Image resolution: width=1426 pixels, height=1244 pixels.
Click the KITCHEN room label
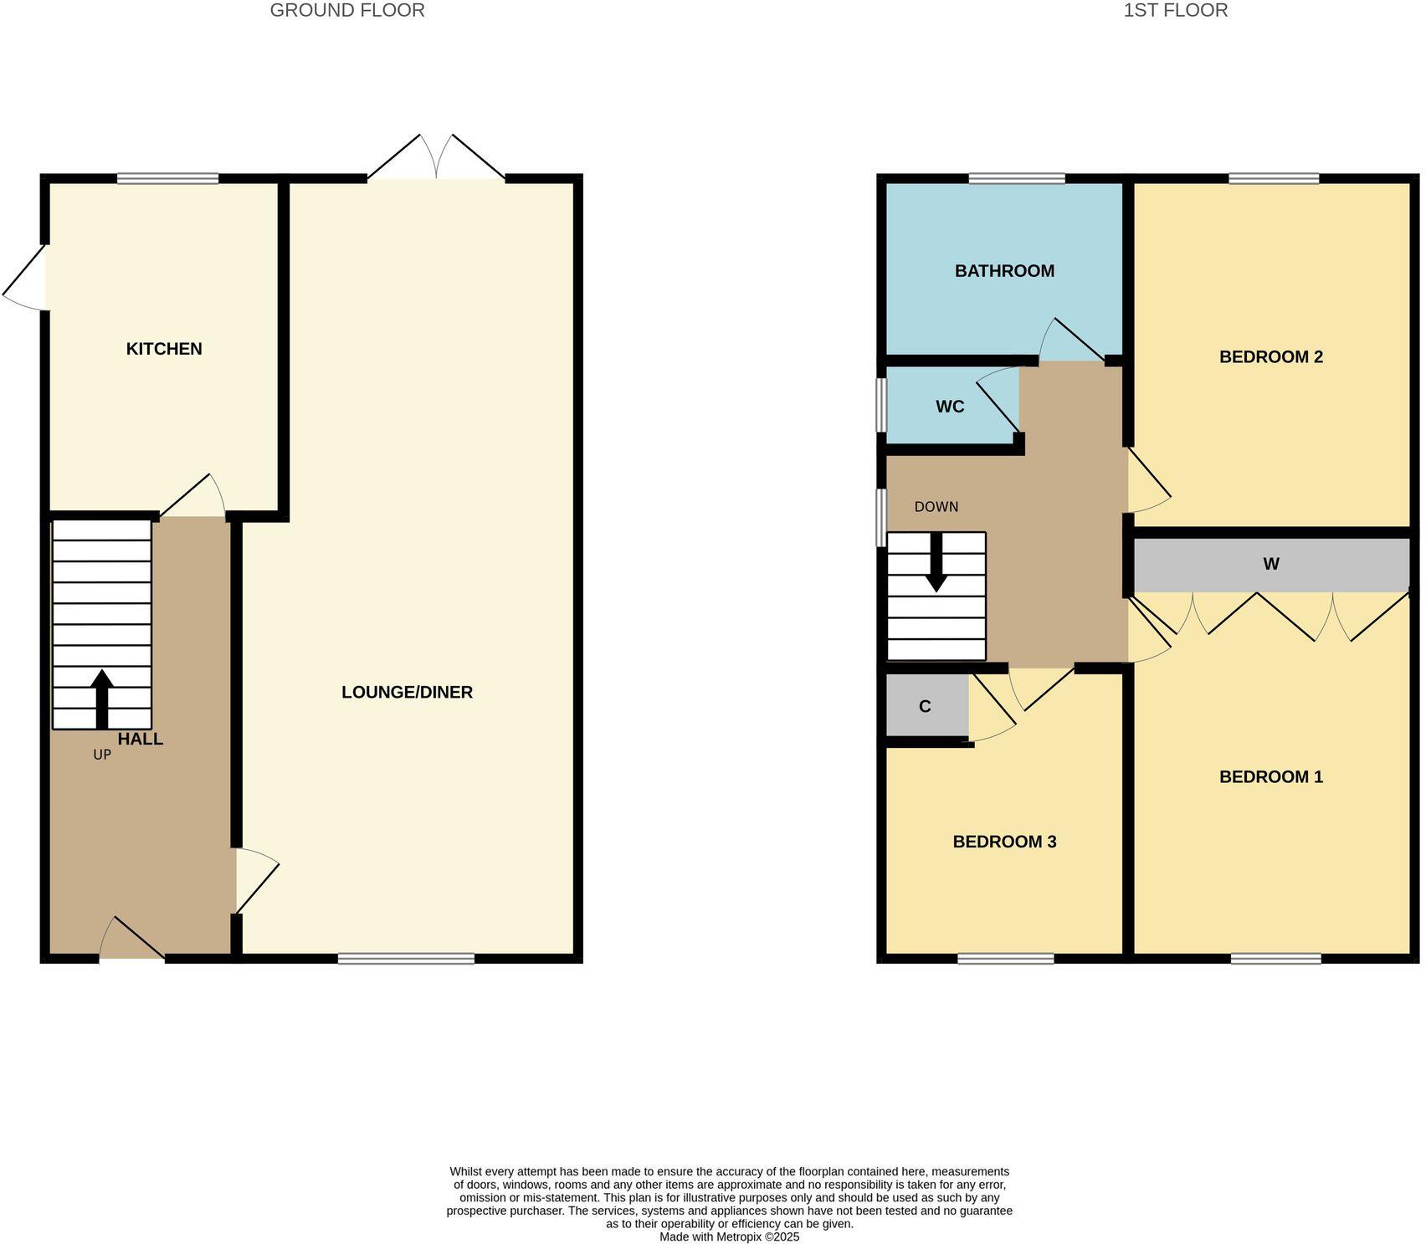164,349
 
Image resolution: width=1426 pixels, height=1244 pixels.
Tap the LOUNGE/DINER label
407,692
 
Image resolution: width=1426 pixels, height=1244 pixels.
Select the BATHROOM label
1004,271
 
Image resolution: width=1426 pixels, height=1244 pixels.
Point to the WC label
950,407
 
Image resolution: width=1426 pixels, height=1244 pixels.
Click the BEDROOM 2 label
1270,357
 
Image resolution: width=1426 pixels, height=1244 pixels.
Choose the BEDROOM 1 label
1270,777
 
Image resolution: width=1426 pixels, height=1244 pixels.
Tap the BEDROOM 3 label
1004,842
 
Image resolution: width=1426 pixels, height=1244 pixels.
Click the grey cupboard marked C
926,707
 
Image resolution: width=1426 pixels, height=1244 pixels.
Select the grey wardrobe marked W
1270,565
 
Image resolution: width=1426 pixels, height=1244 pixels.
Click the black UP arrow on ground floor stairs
102,698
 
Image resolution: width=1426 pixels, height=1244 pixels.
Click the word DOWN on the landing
936,507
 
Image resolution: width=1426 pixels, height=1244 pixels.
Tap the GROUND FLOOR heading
347,11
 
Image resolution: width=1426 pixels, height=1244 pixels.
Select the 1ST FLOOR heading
1175,11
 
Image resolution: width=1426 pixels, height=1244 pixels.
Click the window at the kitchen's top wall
167,178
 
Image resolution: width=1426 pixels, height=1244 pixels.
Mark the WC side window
881,406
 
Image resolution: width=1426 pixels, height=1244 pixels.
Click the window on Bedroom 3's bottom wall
1005,959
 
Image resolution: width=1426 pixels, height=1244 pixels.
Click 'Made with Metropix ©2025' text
729,1236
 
